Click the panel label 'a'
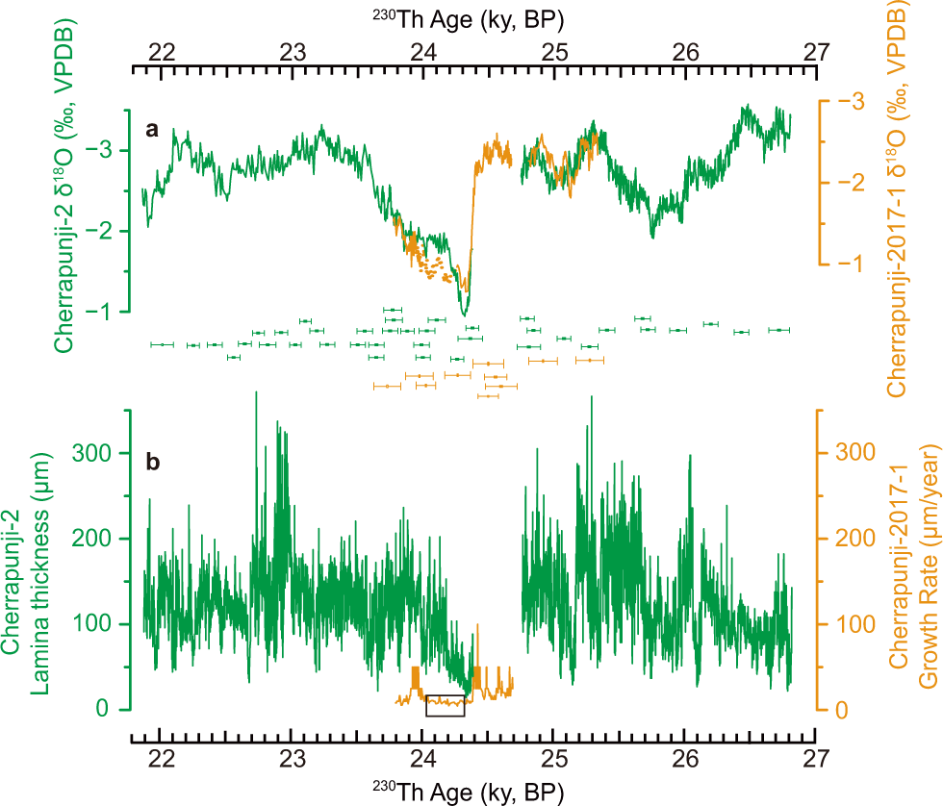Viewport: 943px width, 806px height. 152,130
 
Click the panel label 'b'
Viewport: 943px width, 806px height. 153,462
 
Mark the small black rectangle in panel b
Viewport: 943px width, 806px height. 446,705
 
